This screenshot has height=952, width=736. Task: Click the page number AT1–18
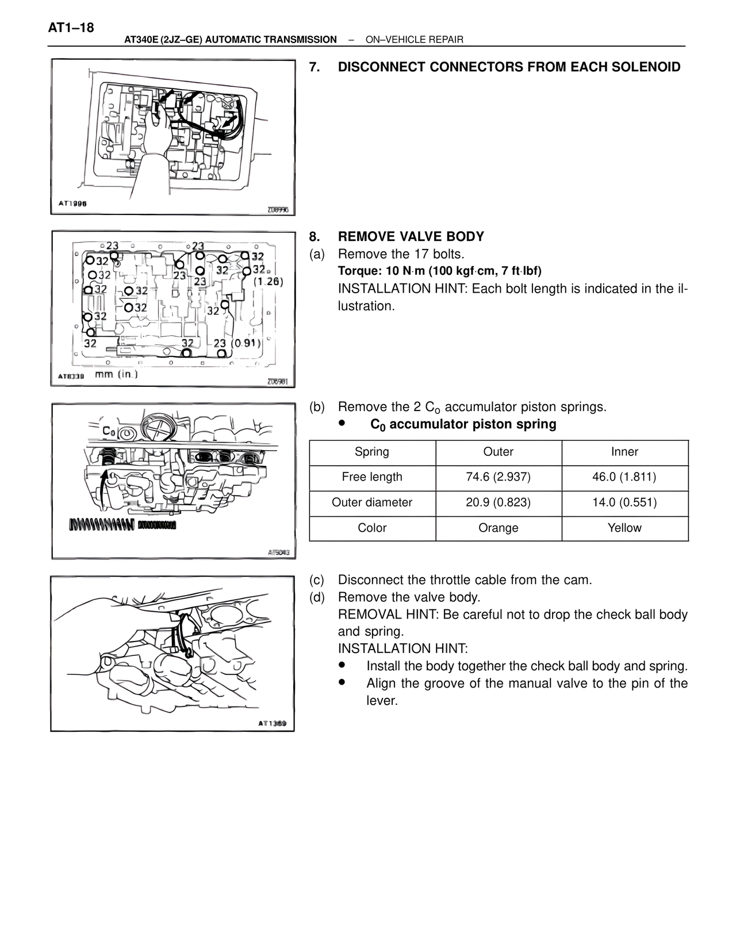(71, 28)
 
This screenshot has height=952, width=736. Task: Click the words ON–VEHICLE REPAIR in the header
(414, 40)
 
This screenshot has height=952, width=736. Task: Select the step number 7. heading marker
(315, 67)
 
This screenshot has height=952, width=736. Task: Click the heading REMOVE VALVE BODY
(411, 237)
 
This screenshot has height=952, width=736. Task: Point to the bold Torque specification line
(439, 271)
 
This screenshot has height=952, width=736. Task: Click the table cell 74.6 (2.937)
(498, 477)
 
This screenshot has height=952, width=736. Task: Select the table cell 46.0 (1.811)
(624, 477)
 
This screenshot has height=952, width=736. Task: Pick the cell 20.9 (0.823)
(498, 502)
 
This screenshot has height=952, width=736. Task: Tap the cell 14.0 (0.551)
(624, 502)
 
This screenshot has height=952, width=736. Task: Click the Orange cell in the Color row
(498, 528)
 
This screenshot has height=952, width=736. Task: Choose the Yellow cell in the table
(624, 528)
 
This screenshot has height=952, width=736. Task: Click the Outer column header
(498, 452)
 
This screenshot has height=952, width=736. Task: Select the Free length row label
(372, 477)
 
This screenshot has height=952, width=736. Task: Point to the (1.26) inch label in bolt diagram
(268, 282)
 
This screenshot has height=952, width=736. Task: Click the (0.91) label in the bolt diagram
(246, 343)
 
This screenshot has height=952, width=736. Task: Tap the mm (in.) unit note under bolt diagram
(116, 374)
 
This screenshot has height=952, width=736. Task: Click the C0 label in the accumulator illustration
(108, 431)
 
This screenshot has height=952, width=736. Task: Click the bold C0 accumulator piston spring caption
(463, 425)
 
